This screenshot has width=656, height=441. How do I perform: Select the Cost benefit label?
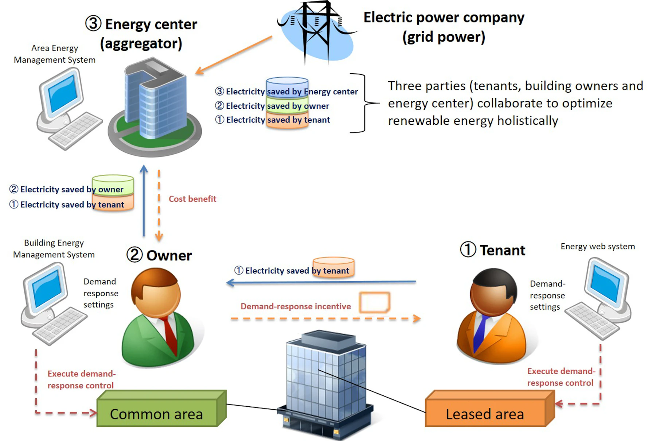(x=192, y=199)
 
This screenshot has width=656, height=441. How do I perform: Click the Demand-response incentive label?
(x=296, y=306)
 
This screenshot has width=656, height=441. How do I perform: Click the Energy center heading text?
(x=151, y=25)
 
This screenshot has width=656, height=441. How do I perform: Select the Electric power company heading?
(x=444, y=18)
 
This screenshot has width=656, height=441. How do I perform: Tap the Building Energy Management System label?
(x=54, y=249)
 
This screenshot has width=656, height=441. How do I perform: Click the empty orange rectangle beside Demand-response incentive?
(x=375, y=302)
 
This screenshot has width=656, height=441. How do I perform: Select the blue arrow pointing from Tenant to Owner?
(x=321, y=282)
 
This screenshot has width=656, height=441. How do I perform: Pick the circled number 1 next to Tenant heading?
(x=468, y=249)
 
